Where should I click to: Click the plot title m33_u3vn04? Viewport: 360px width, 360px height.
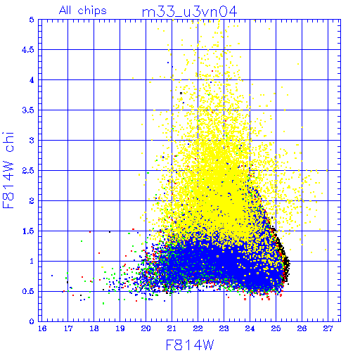(189, 12)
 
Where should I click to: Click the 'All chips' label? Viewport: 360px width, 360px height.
(83, 11)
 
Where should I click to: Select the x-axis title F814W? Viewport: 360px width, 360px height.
(190, 345)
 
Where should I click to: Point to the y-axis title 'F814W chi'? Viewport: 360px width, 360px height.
(8, 170)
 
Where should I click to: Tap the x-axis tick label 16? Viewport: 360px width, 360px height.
(42, 328)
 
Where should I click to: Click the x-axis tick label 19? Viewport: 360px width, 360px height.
(120, 328)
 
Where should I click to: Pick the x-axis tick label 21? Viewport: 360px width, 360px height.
(172, 328)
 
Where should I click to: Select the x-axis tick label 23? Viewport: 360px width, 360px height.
(224, 328)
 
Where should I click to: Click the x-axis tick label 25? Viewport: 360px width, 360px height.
(276, 328)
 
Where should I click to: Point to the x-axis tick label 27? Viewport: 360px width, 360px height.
(328, 328)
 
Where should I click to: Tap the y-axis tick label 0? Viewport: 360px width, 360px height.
(32, 321)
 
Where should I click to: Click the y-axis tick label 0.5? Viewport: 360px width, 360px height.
(28, 291)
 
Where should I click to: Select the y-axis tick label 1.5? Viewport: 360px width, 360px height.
(28, 231)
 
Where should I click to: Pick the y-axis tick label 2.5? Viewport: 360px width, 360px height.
(28, 171)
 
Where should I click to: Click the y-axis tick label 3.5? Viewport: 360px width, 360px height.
(28, 110)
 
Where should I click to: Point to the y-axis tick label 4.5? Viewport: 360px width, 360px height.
(28, 50)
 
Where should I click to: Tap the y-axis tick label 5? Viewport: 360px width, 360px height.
(32, 20)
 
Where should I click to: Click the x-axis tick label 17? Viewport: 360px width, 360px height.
(68, 328)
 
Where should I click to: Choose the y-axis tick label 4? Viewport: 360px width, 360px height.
(32, 80)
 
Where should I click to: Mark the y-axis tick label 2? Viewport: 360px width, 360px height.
(32, 201)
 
